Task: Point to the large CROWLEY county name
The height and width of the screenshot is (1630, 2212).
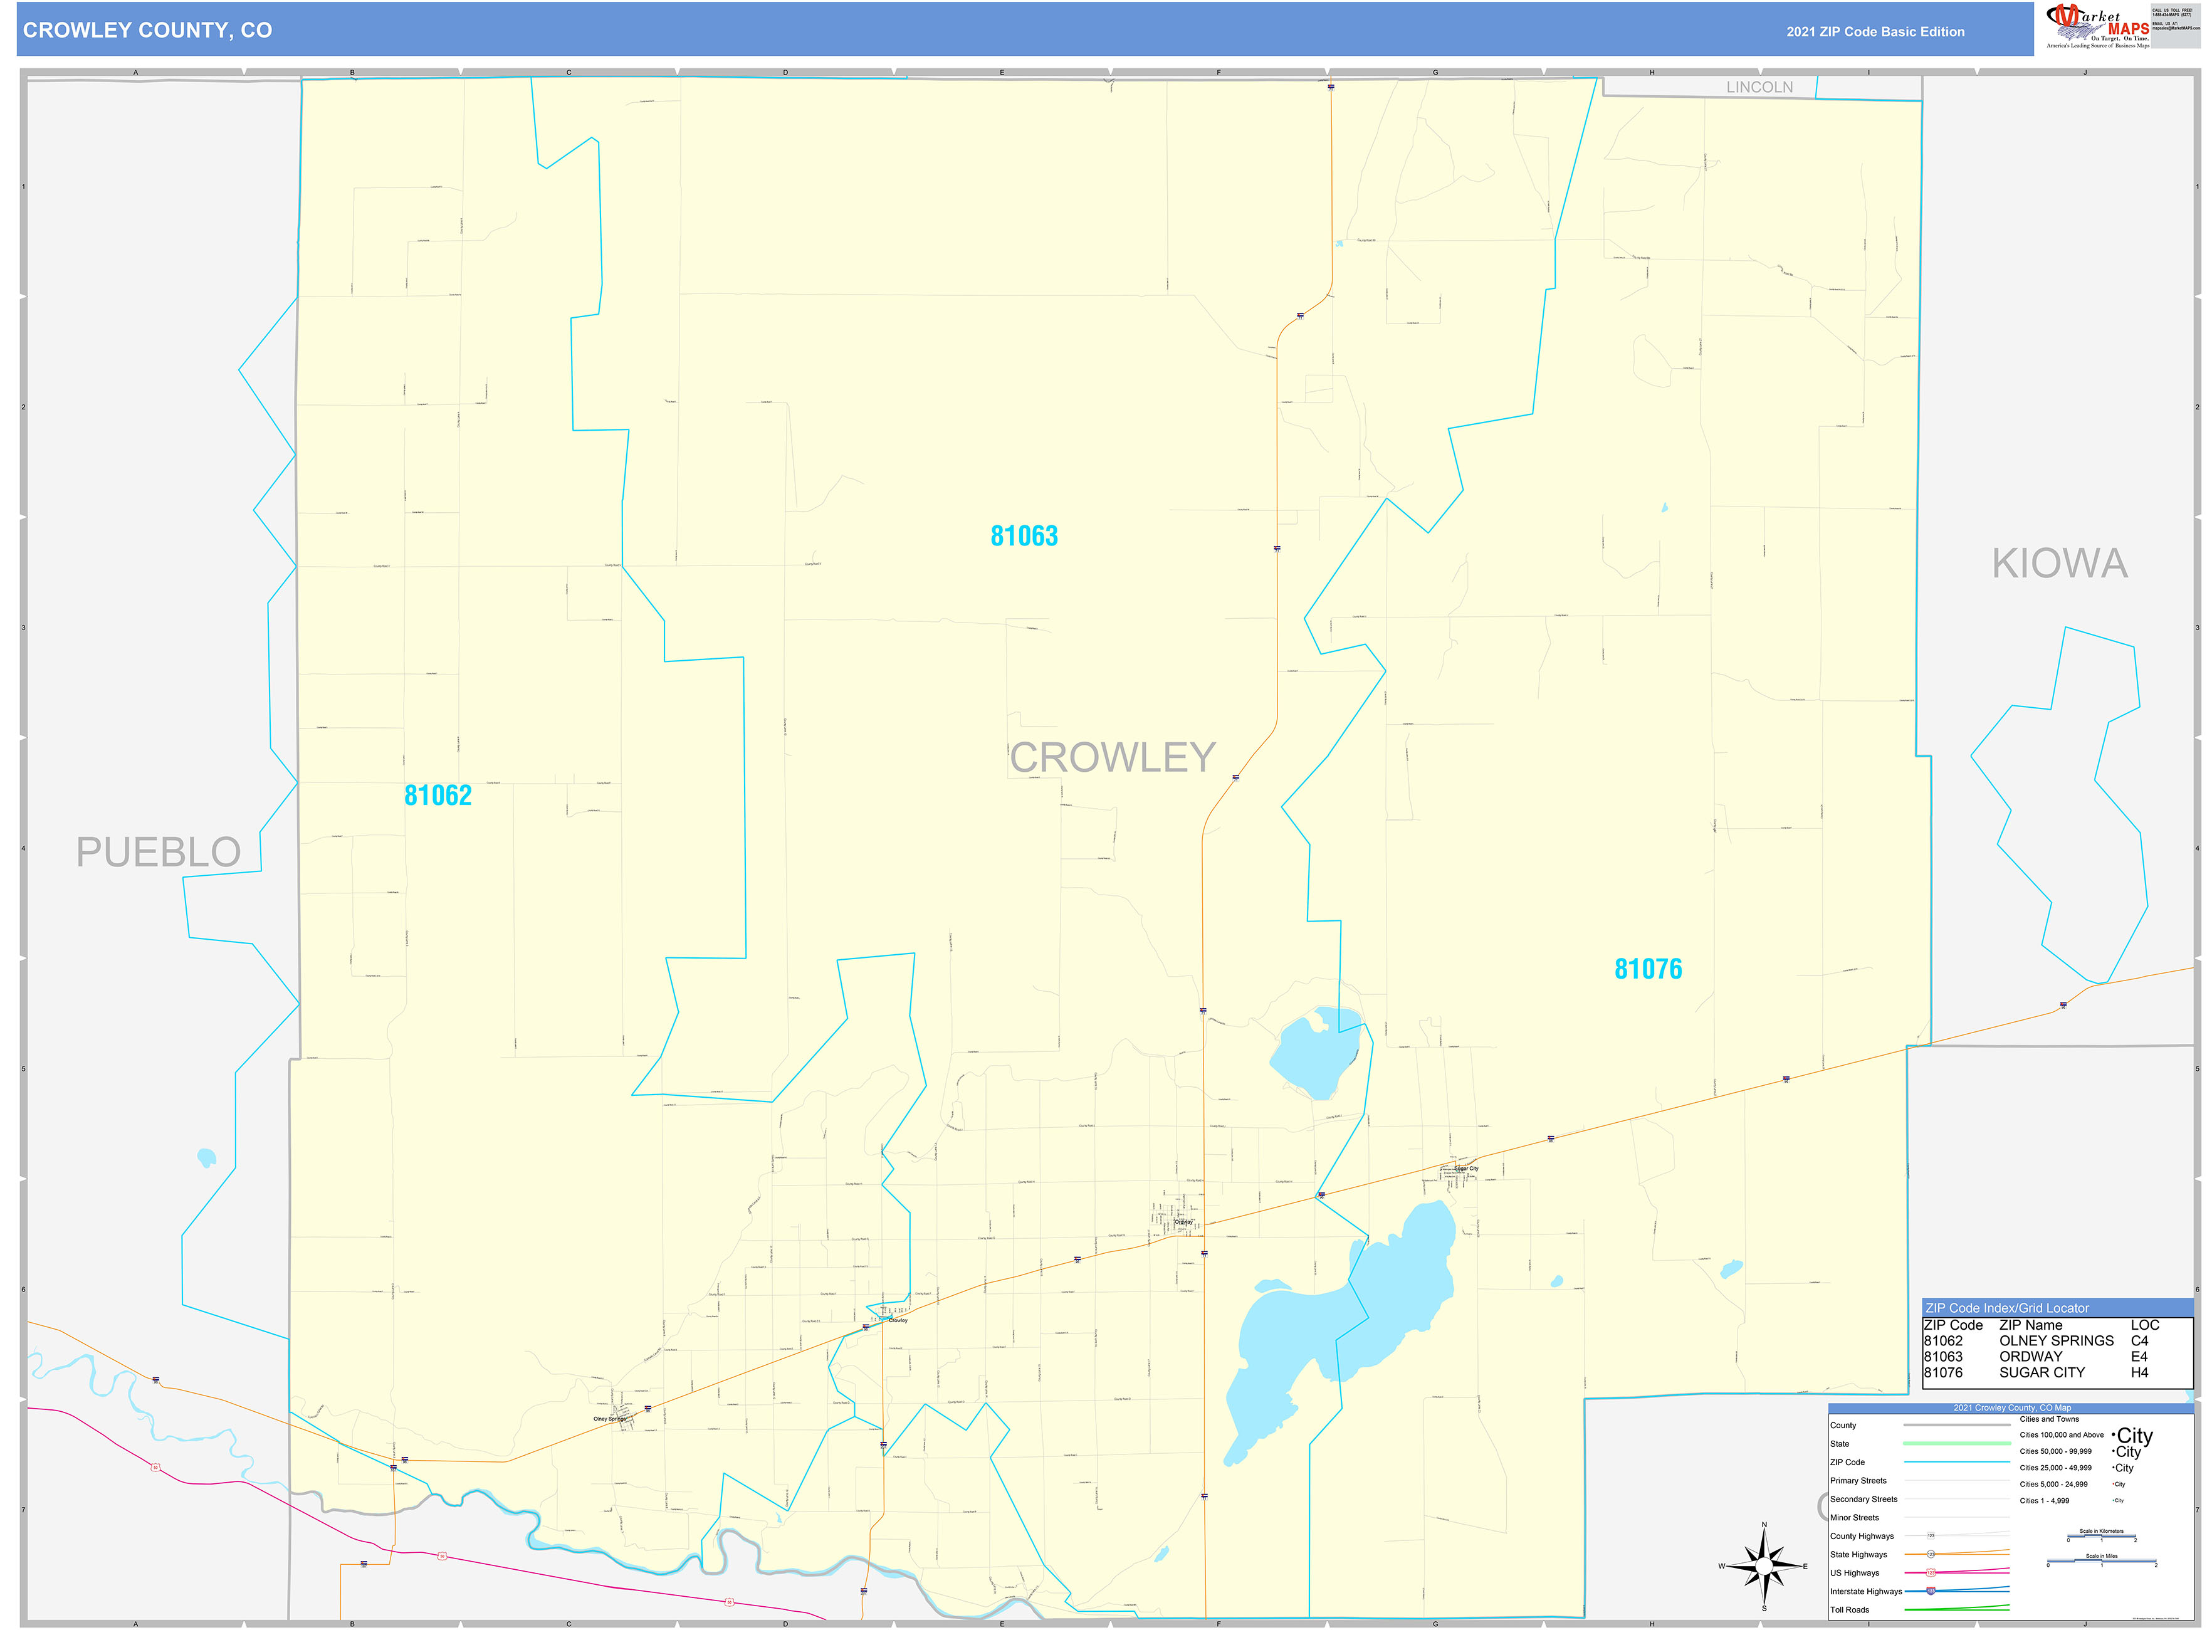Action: click(1112, 758)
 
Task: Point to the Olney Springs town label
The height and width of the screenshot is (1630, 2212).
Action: click(609, 1419)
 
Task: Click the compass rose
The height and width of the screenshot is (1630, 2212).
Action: click(1763, 1566)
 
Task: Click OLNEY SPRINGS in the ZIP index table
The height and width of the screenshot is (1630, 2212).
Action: click(2055, 1341)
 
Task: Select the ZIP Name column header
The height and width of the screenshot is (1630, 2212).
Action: click(2030, 1325)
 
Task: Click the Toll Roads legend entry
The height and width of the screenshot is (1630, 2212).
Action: click(1849, 1609)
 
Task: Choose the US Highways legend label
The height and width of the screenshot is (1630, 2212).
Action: click(1854, 1573)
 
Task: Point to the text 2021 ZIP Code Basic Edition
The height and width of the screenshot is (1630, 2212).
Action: click(1875, 31)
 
